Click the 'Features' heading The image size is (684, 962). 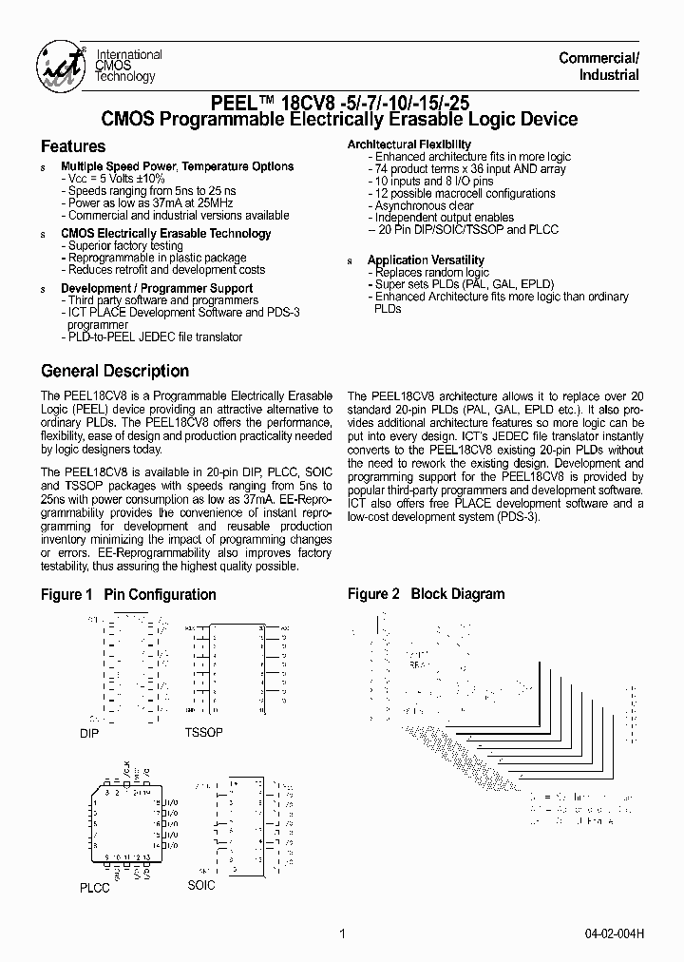[73, 146]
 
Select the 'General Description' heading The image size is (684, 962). [115, 371]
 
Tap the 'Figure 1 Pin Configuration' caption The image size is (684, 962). [128, 594]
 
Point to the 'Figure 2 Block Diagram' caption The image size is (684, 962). [426, 594]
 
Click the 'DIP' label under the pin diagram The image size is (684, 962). [89, 734]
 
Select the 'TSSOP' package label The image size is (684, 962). [204, 734]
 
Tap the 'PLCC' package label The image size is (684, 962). [94, 888]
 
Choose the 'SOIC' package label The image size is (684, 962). [201, 885]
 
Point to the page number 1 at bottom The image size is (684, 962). [341, 933]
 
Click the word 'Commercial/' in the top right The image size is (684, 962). [598, 58]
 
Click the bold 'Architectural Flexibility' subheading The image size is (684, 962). [409, 144]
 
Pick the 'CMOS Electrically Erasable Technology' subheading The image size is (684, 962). [165, 234]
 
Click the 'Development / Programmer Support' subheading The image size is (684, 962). [157, 288]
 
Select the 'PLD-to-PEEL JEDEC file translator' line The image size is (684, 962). [154, 337]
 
